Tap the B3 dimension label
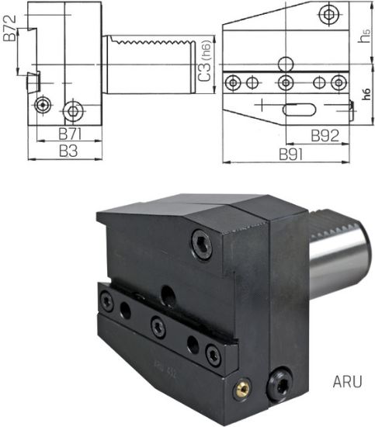click(68, 152)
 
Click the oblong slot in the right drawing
click(297, 109)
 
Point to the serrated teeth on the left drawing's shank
click(148, 38)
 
